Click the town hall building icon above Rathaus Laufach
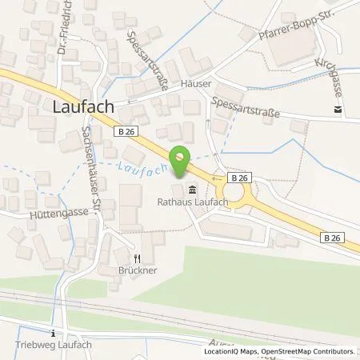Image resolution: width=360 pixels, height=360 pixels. pyautogui.click(x=192, y=190)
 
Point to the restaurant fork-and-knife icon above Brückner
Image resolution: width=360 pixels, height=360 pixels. pyautogui.click(x=137, y=258)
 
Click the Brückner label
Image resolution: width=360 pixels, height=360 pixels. pyautogui.click(x=137, y=270)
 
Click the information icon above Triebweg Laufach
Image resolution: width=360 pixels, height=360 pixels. pyautogui.click(x=53, y=333)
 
